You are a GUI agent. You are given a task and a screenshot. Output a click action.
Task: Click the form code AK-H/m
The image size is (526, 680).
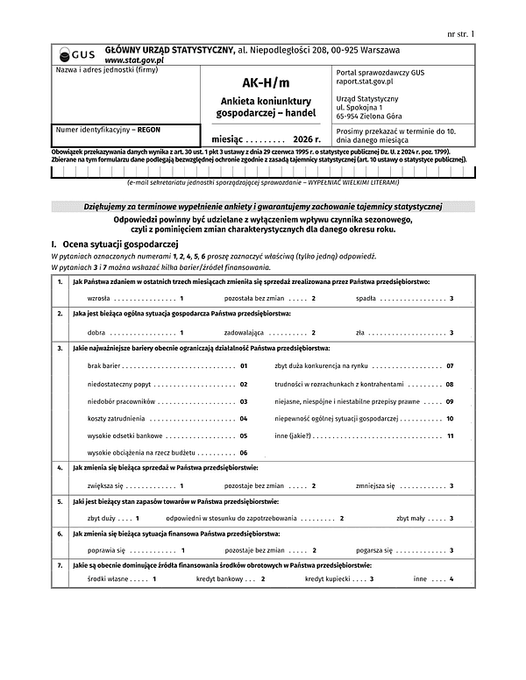tap(264, 83)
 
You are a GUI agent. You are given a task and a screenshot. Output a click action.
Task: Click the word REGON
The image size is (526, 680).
tap(150, 129)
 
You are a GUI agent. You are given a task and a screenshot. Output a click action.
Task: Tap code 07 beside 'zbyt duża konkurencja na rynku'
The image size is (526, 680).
tap(450, 365)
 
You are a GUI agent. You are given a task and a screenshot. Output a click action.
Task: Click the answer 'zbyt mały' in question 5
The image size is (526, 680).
tap(409, 518)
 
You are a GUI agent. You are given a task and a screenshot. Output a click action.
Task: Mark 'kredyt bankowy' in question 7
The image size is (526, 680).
tap(218, 579)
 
